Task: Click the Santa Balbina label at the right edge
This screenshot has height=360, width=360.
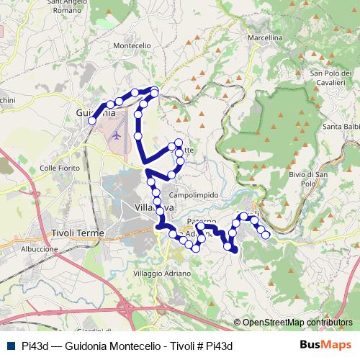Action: click(341, 127)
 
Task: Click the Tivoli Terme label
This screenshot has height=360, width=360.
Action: click(78, 233)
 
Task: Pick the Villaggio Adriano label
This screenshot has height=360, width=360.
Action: click(163, 274)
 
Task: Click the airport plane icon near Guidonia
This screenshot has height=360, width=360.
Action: click(117, 135)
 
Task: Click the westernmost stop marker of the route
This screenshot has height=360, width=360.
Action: click(92, 121)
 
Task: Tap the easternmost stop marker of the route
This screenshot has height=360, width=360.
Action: click(266, 234)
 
